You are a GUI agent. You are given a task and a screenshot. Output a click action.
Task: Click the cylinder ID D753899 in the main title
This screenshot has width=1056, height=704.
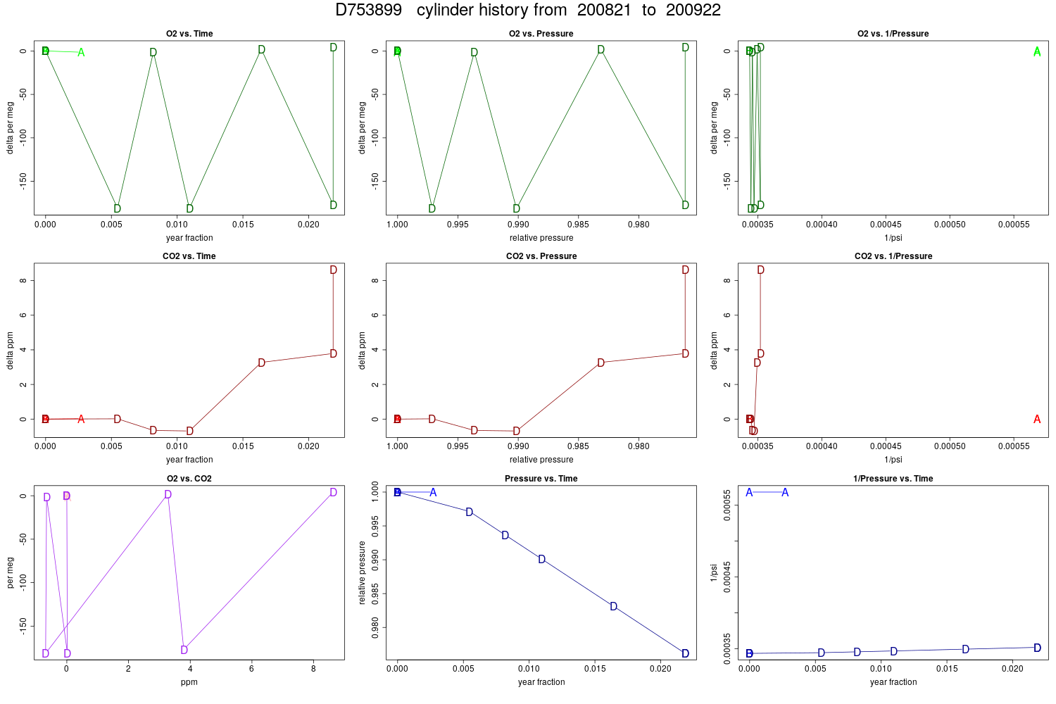(368, 10)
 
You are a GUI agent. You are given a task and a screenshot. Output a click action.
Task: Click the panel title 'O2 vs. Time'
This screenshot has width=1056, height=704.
(189, 34)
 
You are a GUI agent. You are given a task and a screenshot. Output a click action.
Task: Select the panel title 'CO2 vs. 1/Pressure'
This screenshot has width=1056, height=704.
(893, 256)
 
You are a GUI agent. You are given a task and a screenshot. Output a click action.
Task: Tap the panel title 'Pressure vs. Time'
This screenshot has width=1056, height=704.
(541, 479)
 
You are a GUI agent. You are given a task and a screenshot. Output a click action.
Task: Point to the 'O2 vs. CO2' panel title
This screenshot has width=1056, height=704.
(189, 479)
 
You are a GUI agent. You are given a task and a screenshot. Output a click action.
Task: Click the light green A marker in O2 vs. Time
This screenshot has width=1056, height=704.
(81, 52)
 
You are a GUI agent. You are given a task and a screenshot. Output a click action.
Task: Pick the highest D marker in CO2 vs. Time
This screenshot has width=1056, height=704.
(333, 270)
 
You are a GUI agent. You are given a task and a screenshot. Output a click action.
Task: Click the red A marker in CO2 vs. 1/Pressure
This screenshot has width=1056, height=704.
(1037, 419)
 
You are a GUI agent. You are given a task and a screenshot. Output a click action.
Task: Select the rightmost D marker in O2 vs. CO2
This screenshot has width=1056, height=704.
(333, 492)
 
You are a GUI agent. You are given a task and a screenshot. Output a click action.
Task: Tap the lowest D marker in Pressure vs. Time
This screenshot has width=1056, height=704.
(686, 653)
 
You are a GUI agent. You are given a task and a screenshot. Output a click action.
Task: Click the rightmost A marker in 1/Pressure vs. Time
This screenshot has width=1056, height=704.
(785, 493)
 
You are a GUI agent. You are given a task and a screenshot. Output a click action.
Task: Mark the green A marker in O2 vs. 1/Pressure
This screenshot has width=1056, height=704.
(1037, 52)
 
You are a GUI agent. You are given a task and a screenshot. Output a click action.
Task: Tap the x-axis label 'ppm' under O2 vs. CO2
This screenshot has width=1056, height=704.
(189, 682)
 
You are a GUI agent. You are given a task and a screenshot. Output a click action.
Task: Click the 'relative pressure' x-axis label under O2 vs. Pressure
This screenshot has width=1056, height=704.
(541, 238)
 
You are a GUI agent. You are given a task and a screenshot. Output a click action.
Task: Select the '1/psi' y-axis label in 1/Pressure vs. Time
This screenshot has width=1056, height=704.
(714, 573)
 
